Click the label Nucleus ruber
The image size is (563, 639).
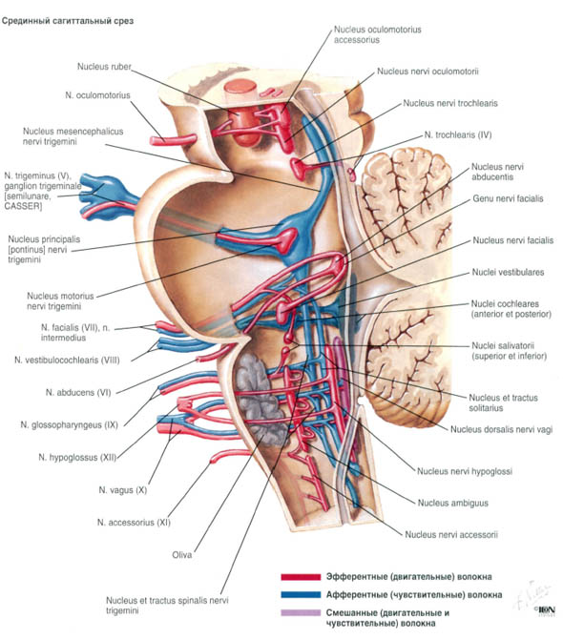[104, 67]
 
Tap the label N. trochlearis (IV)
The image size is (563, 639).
[458, 134]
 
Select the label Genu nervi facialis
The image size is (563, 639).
[508, 199]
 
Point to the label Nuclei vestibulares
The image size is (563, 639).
[508, 272]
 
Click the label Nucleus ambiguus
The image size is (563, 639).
[453, 503]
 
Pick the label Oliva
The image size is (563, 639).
[182, 555]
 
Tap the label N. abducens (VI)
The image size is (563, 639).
[78, 392]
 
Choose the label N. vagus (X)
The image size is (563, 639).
[123, 490]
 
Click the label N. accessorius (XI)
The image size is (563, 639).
[134, 523]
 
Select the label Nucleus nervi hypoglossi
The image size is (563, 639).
[465, 471]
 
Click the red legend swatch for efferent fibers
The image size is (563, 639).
[301, 577]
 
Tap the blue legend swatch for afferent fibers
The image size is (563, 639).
[301, 594]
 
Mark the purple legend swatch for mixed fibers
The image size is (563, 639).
[301, 612]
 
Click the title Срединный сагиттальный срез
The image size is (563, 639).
[68, 21]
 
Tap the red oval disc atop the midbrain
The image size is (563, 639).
[240, 88]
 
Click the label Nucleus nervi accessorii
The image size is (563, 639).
[451, 535]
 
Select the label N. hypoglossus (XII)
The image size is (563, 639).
[77, 458]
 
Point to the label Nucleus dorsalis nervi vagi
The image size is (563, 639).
[501, 429]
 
